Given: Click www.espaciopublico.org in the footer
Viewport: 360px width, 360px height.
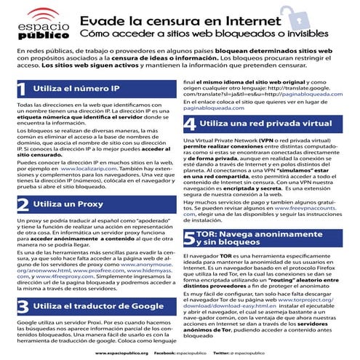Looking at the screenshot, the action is click(x=122, y=353).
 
